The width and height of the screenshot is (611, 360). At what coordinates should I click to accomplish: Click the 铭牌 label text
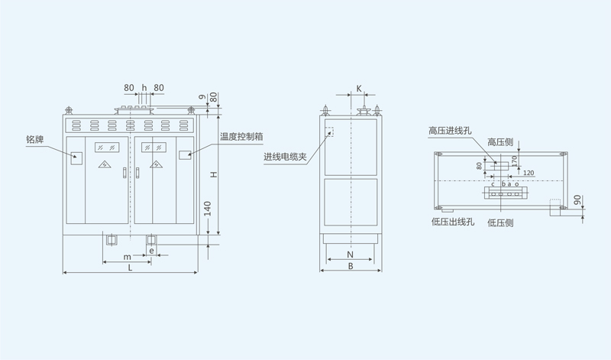[35, 139]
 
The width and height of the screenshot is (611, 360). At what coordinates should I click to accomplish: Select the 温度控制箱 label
[241, 137]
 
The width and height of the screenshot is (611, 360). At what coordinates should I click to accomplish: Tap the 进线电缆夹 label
[285, 157]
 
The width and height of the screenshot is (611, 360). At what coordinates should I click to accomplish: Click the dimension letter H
[215, 175]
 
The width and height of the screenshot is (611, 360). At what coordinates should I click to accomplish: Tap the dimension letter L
[130, 267]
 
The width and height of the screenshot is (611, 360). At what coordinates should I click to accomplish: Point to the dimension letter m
[126, 256]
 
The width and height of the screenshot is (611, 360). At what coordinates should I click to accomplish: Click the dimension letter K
[359, 89]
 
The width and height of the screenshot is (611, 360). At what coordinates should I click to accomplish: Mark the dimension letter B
[350, 267]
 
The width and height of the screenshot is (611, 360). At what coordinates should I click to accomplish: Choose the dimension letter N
[350, 254]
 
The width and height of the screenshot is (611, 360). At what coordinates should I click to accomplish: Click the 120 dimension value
[528, 173]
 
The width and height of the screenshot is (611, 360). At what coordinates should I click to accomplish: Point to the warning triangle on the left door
[104, 164]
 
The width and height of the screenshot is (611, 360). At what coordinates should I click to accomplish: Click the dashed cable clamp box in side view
[330, 131]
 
